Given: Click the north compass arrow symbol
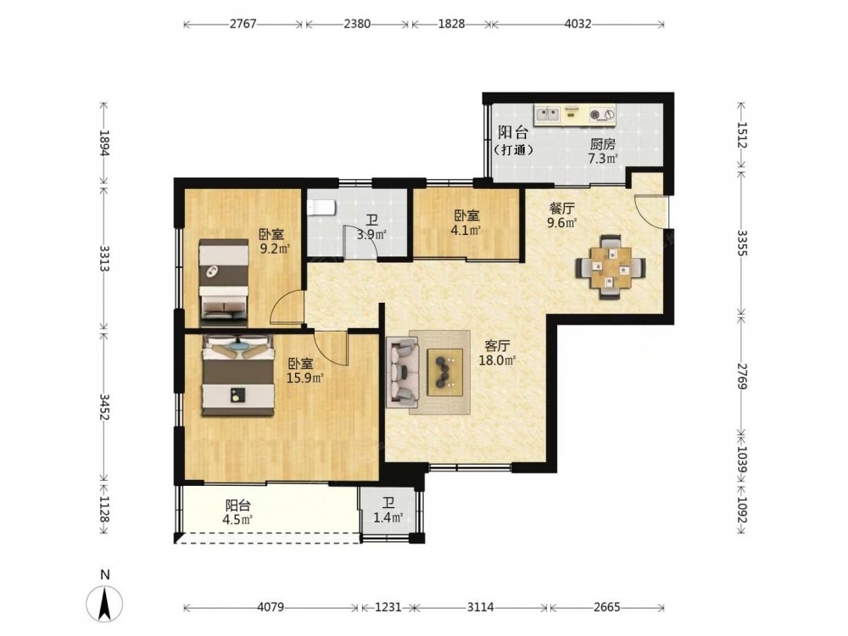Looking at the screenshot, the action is (104, 604).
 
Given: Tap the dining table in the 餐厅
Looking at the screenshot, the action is (611, 267).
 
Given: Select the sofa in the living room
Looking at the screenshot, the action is (402, 372).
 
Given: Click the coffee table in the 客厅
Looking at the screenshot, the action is (445, 372).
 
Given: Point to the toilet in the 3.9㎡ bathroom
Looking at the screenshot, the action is (321, 207).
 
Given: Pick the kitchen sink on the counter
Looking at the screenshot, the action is (547, 114).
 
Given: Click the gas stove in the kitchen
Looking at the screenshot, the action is (602, 114).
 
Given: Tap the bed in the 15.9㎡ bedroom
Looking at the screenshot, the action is (238, 376).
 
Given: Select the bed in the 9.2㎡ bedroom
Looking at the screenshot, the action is (223, 282).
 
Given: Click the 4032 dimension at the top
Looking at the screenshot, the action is (577, 24).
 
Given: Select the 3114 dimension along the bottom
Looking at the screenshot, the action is (480, 607).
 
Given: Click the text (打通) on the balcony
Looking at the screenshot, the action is (513, 150).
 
